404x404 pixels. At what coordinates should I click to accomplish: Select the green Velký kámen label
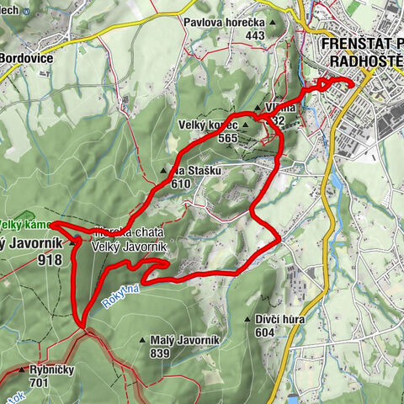(x=24, y=225)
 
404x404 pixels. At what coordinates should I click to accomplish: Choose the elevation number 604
(x=266, y=332)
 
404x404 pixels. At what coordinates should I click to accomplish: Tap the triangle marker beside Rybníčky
(x=22, y=369)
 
